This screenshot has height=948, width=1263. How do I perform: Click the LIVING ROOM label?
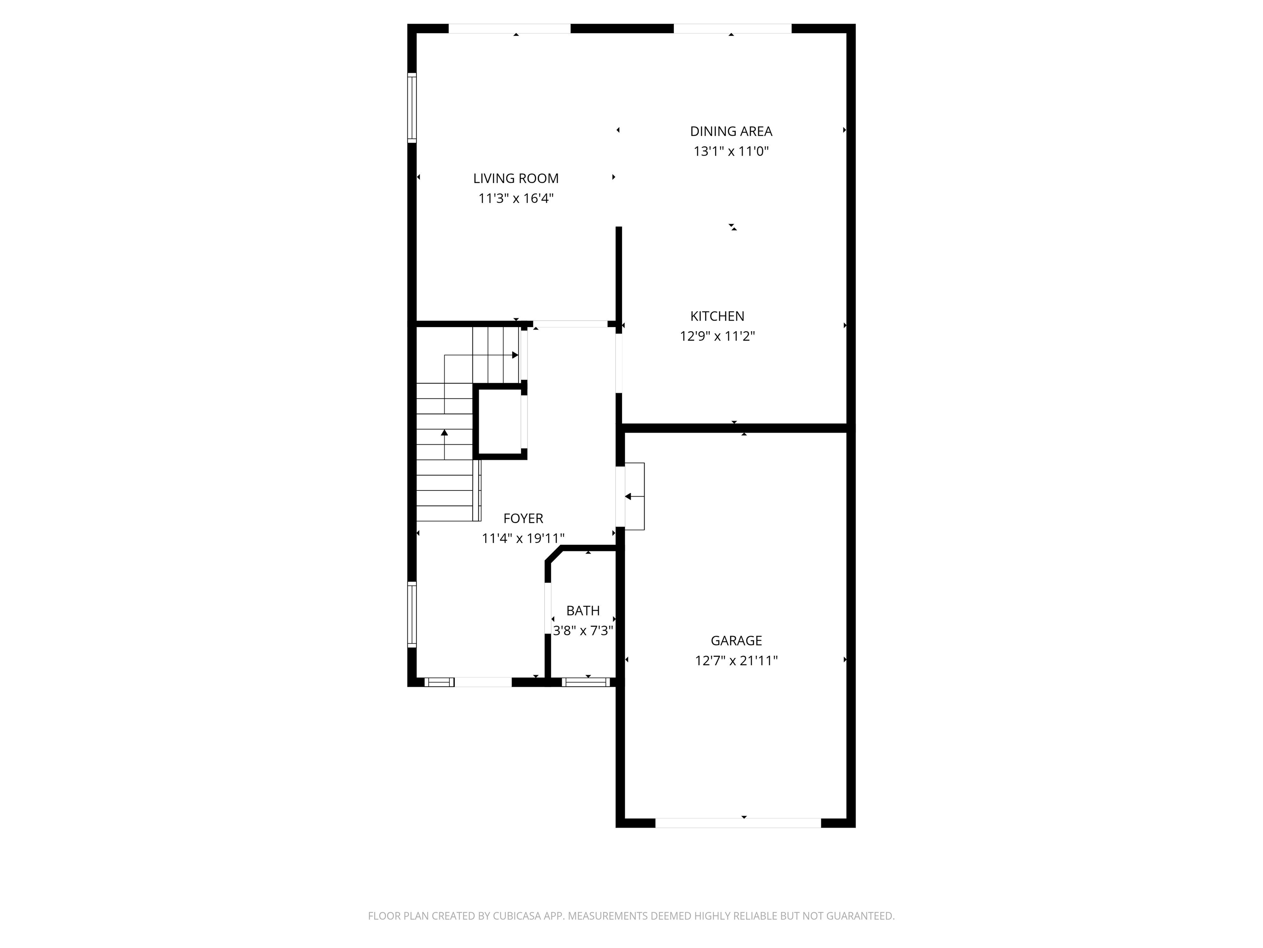coord(516,178)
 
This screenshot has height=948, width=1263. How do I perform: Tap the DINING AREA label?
coord(731,131)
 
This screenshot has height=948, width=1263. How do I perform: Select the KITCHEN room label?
coord(717,316)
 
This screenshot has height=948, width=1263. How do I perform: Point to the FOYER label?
coord(523,518)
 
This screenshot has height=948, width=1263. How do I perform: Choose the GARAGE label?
coord(736,641)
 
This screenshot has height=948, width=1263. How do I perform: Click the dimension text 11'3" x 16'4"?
coord(516,199)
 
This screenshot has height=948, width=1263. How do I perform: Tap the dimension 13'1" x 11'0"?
coord(731,151)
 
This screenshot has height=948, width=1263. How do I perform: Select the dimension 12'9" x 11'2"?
coord(717,336)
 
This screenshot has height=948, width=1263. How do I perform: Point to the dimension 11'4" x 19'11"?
coord(523,538)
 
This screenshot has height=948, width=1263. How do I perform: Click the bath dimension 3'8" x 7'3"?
coord(583,631)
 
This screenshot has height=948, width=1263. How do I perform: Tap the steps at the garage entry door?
coord(634,496)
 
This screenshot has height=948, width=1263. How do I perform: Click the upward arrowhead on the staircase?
coord(444,432)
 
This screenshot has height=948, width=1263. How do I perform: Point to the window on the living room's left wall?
coord(412,107)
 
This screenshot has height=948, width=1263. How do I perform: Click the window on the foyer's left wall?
coord(412,615)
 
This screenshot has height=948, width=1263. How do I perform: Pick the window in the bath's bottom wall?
coord(586,682)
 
